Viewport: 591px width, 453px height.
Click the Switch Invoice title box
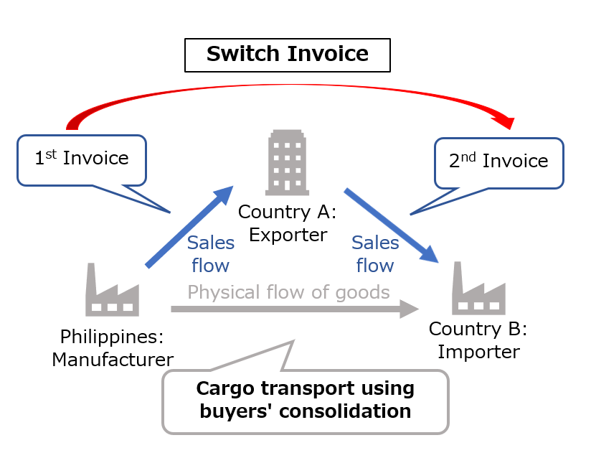tap(288, 55)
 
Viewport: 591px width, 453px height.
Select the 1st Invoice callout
tap(82, 159)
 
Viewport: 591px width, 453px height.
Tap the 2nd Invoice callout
tap(499, 162)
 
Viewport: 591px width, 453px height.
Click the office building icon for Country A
tap(287, 163)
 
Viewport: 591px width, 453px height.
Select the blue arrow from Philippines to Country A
tap(189, 226)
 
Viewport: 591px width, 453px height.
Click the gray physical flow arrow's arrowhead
tap(409, 309)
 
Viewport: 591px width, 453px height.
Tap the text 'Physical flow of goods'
tap(288, 292)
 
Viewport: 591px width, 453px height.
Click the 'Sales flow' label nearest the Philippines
tap(210, 254)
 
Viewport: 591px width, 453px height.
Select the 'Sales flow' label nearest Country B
tap(375, 254)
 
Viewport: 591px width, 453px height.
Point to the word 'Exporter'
tap(288, 234)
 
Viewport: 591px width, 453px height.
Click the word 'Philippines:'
tap(112, 337)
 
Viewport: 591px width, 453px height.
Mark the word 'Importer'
tap(478, 352)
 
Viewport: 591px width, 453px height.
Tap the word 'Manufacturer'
tap(112, 359)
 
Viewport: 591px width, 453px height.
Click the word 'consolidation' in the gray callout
tap(349, 411)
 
